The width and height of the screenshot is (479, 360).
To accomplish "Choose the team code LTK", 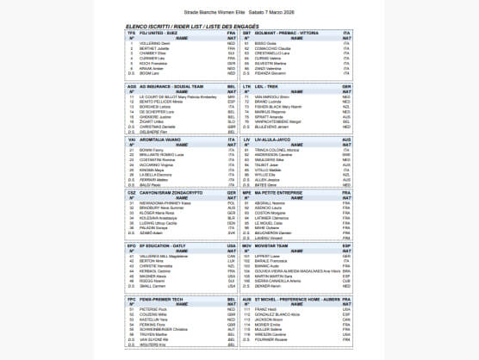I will [247, 87].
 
